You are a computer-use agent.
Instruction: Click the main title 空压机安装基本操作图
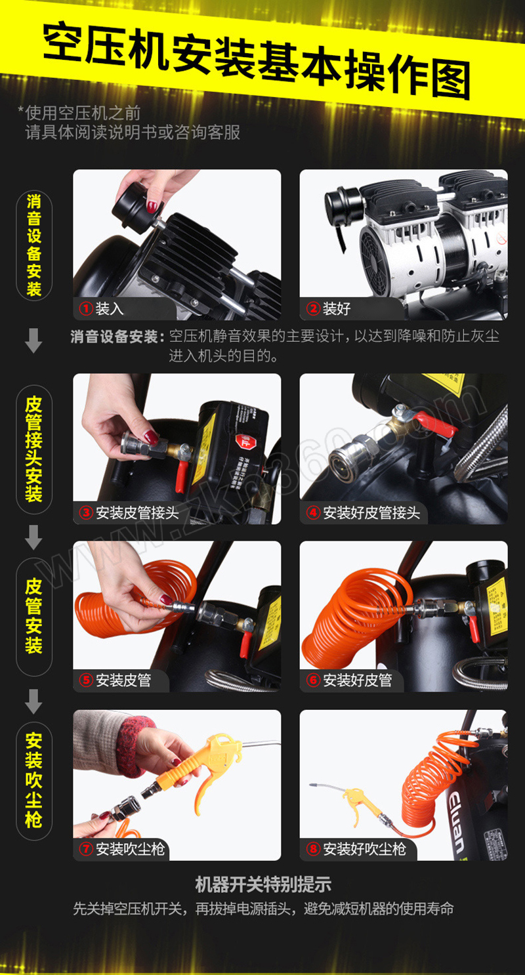pyautogui.click(x=257, y=62)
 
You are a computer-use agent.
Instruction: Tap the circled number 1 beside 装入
pyautogui.click(x=86, y=308)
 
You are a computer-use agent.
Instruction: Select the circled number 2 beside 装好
pyautogui.click(x=313, y=308)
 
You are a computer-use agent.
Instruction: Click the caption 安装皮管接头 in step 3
pyautogui.click(x=138, y=512)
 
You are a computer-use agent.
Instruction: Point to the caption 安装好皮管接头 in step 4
pyautogui.click(x=371, y=512)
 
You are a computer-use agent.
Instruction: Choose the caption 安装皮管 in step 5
pyautogui.click(x=123, y=680)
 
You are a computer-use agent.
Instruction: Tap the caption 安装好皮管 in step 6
pyautogui.click(x=358, y=680)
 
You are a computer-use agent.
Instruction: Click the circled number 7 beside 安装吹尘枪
pyautogui.click(x=86, y=848)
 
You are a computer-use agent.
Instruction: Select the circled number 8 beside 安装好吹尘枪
pyautogui.click(x=313, y=848)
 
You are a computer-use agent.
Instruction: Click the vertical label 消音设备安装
pyautogui.click(x=34, y=245)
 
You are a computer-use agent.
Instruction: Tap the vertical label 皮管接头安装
pyautogui.click(x=34, y=449)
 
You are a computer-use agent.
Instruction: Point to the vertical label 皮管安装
pyautogui.click(x=34, y=616)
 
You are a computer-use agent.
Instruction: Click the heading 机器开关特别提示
pyautogui.click(x=263, y=884)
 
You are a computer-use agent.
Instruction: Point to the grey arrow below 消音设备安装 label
pyautogui.click(x=33, y=341)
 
